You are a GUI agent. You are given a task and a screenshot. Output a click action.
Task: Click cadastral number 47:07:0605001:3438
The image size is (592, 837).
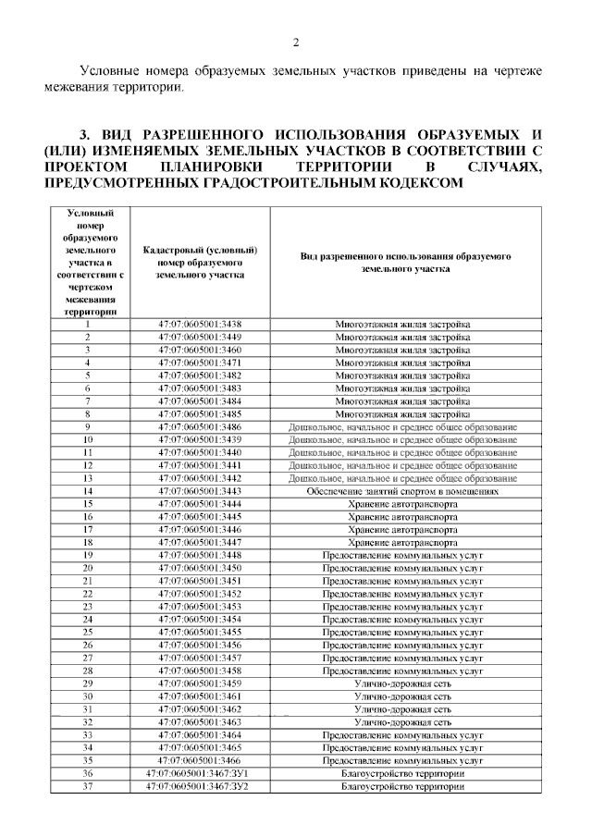pyautogui.click(x=201, y=324)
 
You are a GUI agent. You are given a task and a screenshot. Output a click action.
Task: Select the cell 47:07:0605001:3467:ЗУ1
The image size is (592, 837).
pyautogui.click(x=201, y=773)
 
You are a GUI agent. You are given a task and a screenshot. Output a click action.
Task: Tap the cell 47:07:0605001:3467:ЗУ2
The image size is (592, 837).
pyautogui.click(x=201, y=786)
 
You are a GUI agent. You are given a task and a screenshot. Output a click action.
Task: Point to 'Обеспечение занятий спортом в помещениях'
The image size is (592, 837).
pyautogui.click(x=402, y=491)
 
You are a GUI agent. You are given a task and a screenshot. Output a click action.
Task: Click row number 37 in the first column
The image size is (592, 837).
pyautogui.click(x=88, y=786)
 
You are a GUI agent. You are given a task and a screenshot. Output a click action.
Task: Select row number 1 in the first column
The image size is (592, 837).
pyautogui.click(x=88, y=324)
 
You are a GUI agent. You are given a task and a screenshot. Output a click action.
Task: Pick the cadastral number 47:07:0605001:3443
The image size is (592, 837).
pyautogui.click(x=201, y=491)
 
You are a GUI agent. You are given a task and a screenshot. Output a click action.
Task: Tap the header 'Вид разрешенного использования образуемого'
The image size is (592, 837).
pyautogui.click(x=402, y=256)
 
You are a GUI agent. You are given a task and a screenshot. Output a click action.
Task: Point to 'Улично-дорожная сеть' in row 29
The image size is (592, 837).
pyautogui.click(x=402, y=683)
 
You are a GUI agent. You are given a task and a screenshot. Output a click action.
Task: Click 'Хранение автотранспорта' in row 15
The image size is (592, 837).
pyautogui.click(x=402, y=504)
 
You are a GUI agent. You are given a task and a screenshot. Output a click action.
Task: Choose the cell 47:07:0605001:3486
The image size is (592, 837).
pyautogui.click(x=201, y=426)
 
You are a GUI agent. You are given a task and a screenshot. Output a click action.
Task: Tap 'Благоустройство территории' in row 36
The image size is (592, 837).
pyautogui.click(x=402, y=773)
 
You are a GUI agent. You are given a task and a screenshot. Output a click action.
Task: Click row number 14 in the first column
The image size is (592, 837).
pyautogui.click(x=88, y=491)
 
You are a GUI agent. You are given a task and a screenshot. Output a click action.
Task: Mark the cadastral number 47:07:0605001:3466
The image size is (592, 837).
pyautogui.click(x=201, y=760)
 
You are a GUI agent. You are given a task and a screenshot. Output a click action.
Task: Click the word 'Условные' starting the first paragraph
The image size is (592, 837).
pyautogui.click(x=108, y=71)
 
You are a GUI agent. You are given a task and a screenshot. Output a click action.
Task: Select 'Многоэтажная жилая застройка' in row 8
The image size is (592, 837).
pyautogui.click(x=402, y=413)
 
